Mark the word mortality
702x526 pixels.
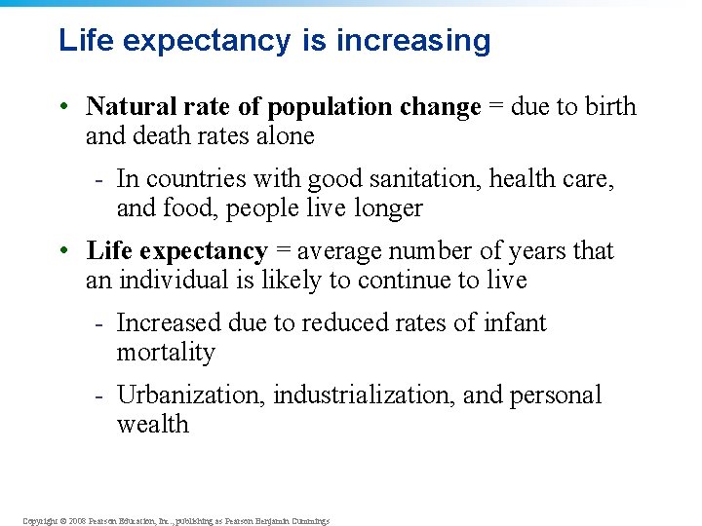165,353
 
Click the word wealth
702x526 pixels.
152,425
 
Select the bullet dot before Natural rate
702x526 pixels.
62,107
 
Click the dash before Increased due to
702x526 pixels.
99,323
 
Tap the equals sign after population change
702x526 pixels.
495,107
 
